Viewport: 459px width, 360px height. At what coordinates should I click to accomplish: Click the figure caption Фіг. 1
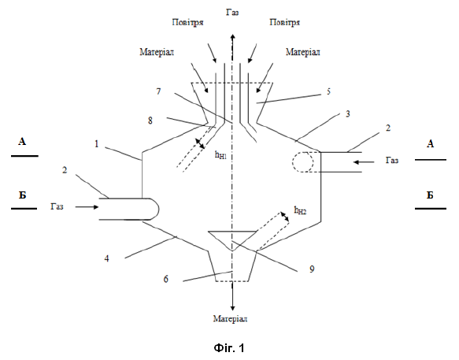[x=229, y=347]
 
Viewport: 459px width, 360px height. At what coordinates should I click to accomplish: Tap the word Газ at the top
[x=232, y=13]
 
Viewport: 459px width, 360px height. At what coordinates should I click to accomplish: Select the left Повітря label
[x=187, y=22]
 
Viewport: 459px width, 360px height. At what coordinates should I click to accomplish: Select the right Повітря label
[x=284, y=22]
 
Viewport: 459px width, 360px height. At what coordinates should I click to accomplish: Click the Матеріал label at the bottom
[x=230, y=318]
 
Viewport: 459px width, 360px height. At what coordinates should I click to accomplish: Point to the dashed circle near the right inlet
[x=302, y=161]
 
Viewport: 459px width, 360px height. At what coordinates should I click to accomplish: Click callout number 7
[x=159, y=91]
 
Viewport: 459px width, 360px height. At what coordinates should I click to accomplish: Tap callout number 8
[x=150, y=120]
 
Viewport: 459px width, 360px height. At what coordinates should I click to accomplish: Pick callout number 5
[x=329, y=91]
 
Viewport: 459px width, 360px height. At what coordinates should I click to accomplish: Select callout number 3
[x=348, y=113]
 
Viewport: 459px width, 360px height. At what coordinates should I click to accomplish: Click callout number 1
[x=97, y=144]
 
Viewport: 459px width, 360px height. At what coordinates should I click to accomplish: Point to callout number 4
[x=107, y=258]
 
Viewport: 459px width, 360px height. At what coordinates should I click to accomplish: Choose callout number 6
[x=166, y=279]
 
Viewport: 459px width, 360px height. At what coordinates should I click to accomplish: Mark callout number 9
[x=312, y=269]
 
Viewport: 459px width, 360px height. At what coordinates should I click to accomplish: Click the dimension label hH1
[x=221, y=155]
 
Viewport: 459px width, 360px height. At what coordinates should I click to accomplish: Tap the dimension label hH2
[x=300, y=210]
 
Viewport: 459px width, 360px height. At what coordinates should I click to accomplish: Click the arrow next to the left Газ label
[x=87, y=207]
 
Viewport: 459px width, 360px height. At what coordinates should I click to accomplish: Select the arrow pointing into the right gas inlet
[x=364, y=161]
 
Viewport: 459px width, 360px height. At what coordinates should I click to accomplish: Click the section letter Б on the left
[x=23, y=195]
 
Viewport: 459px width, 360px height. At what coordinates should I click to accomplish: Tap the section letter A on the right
[x=430, y=144]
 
